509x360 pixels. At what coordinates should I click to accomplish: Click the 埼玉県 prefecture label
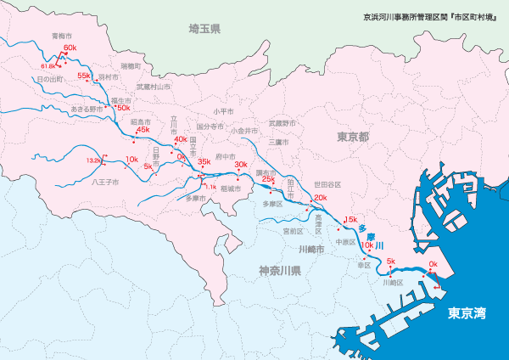tap(204, 29)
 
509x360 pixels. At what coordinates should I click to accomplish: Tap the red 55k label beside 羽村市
tap(83, 76)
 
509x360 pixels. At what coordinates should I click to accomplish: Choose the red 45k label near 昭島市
tap(143, 130)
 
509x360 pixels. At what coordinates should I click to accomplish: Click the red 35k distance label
tap(204, 161)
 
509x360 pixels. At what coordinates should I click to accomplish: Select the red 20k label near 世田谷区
tap(320, 198)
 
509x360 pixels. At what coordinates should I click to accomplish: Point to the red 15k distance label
tap(350, 219)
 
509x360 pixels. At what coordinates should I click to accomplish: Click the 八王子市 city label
tap(105, 182)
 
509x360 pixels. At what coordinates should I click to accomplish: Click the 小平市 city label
tap(223, 111)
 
